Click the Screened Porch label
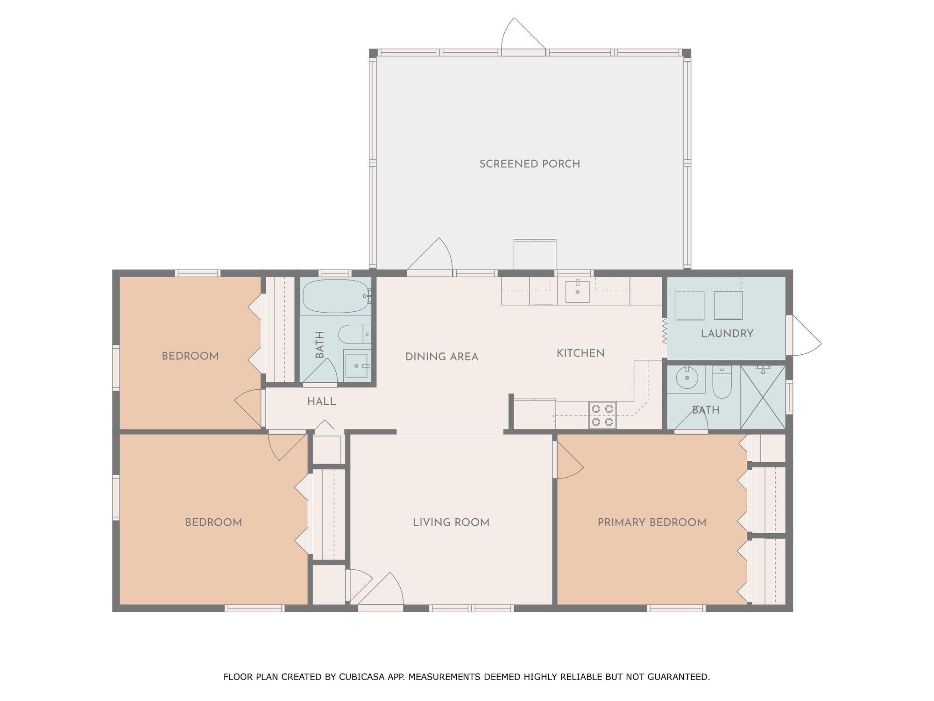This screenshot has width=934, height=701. [x=530, y=164]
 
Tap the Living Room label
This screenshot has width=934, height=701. [x=451, y=522]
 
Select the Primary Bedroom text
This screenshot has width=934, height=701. [x=652, y=522]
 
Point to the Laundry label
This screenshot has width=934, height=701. [x=727, y=334]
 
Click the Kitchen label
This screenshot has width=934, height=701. [x=580, y=353]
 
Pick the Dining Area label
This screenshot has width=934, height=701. [x=442, y=357]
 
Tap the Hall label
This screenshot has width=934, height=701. [x=322, y=401]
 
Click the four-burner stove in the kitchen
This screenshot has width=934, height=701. [x=602, y=415]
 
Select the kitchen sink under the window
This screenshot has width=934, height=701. [x=577, y=292]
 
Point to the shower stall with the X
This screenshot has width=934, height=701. [x=763, y=397]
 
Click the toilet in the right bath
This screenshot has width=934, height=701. [x=722, y=382]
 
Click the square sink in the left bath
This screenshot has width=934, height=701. [x=357, y=364]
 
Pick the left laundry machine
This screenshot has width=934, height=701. [x=690, y=306]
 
